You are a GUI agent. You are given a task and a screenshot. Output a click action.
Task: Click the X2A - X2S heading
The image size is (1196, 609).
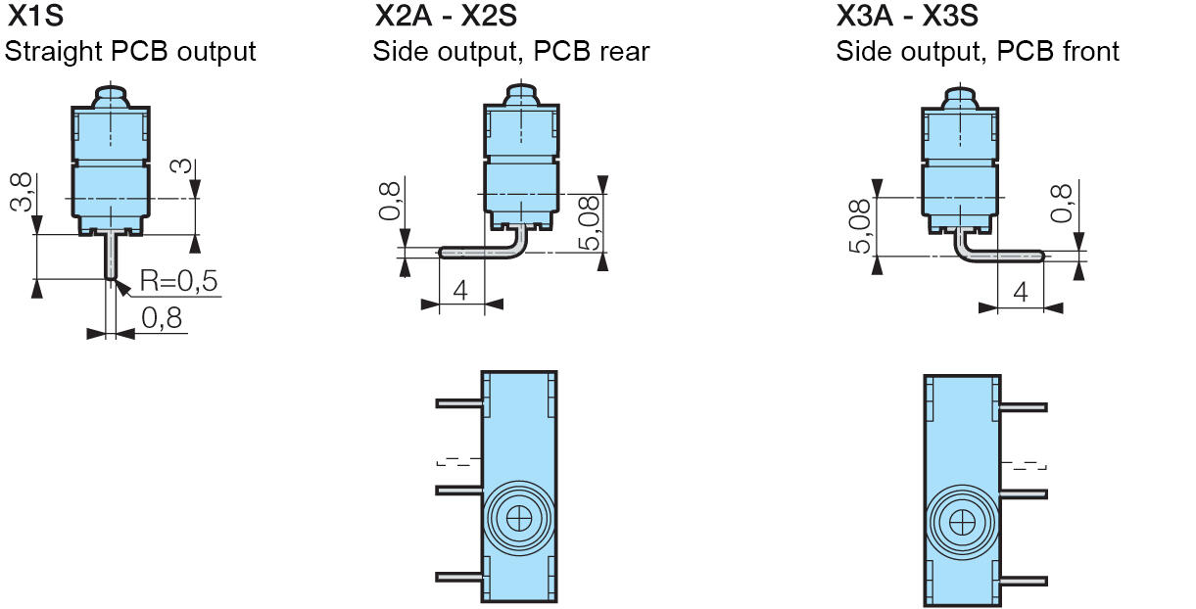coord(446,17)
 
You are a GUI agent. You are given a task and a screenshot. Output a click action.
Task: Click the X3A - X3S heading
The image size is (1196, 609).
coord(908,17)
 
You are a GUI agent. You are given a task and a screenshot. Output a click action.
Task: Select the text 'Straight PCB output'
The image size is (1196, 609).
coord(130,51)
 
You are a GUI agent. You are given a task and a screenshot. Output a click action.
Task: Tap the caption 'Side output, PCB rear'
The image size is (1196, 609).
coord(510,51)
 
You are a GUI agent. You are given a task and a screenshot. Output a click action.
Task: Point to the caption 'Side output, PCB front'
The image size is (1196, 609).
coord(977,51)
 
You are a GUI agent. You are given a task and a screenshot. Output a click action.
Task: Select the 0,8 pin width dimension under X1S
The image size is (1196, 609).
coord(163,318)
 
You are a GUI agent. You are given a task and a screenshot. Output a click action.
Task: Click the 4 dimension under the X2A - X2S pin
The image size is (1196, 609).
coord(461,290)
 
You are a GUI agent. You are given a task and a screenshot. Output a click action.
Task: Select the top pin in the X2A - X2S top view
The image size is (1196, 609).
coord(458,402)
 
